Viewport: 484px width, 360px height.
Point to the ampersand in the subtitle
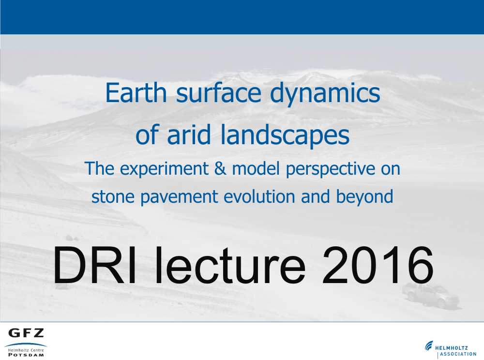220,168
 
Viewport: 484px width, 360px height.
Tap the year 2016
378,265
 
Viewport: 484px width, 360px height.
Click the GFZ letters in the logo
26,333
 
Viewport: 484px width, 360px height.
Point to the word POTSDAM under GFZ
26,355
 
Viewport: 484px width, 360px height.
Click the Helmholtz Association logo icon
429,346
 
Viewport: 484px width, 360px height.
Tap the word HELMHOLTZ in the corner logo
452,348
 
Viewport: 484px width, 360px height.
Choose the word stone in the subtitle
113,197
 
